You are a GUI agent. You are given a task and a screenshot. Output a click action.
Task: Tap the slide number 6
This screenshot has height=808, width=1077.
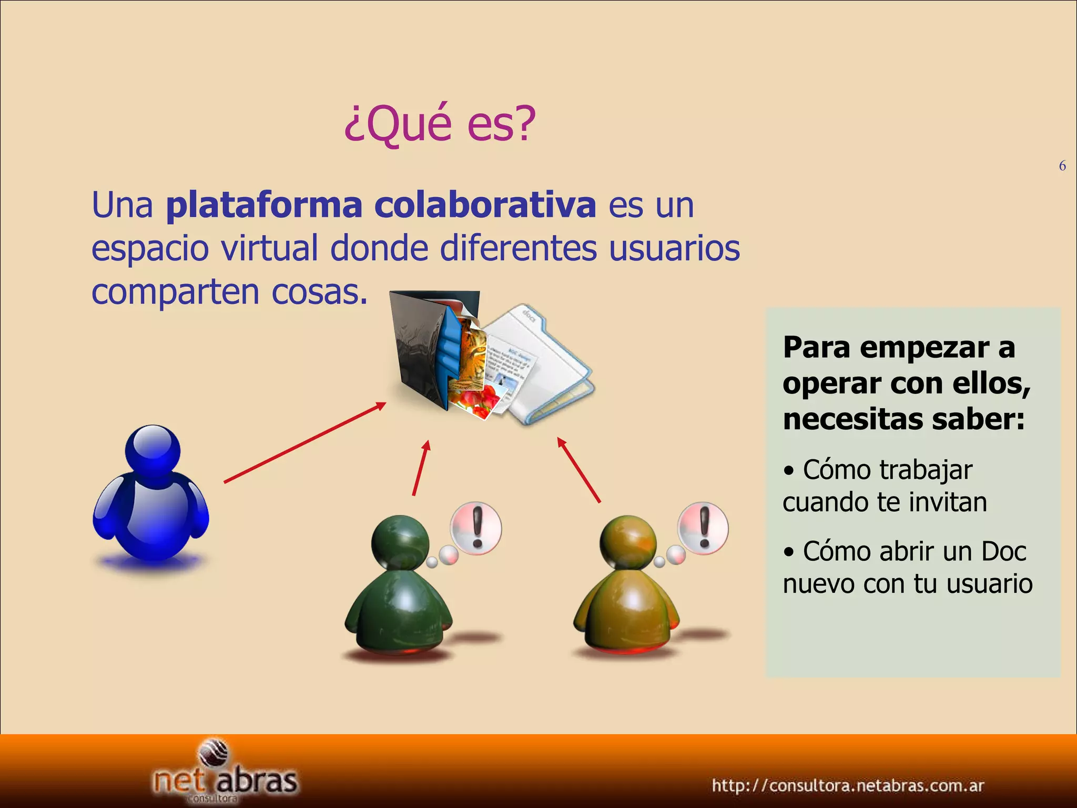tap(1062, 166)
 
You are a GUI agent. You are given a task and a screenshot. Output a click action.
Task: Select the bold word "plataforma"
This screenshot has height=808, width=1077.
tap(264, 205)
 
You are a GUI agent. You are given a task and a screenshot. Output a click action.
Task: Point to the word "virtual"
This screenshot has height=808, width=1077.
tap(269, 248)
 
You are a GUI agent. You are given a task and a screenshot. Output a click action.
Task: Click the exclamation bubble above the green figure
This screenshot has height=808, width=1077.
tap(476, 528)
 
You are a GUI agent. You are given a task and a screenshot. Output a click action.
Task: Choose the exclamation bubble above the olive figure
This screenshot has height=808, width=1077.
tap(703, 528)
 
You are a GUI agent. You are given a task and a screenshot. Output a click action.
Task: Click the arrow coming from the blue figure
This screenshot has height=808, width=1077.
tap(305, 442)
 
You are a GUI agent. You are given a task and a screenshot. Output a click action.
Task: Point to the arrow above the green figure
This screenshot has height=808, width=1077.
tap(422, 468)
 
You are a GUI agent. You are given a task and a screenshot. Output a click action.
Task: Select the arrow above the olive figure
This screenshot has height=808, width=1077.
tap(579, 470)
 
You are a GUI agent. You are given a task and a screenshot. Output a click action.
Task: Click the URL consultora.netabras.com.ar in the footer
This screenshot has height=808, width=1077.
tap(848, 786)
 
